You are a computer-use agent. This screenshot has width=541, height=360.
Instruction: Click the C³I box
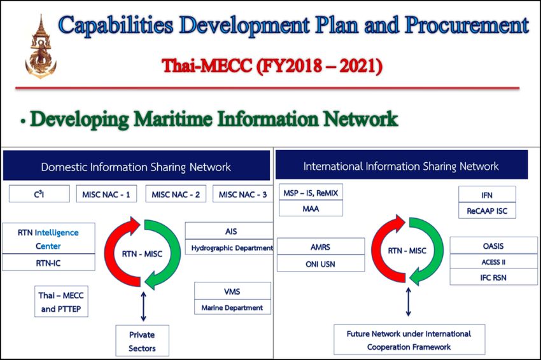[x=39, y=194]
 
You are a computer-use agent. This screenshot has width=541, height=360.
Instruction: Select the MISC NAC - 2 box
[x=176, y=194]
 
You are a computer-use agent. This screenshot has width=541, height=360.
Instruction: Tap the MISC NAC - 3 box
[x=242, y=194]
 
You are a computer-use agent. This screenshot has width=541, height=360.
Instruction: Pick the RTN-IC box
[x=48, y=263]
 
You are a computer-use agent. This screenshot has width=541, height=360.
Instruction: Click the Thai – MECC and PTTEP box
[x=61, y=301]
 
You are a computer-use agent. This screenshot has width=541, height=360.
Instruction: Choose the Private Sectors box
[x=142, y=341]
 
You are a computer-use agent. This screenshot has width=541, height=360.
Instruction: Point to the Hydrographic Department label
[x=232, y=247]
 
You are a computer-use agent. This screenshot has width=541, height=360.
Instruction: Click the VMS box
[x=232, y=291]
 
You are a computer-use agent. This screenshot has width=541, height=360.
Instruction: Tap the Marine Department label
[x=232, y=307]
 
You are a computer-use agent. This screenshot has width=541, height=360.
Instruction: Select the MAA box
[x=311, y=208]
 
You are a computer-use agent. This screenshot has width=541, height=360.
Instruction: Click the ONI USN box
[x=320, y=263]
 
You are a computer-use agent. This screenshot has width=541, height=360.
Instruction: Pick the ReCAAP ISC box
[x=487, y=211]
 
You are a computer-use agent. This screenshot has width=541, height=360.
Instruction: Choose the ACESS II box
[x=493, y=261]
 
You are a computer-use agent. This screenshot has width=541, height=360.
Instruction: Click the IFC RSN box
[x=493, y=277]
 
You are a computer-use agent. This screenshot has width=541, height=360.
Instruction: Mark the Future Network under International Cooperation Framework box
[x=409, y=340]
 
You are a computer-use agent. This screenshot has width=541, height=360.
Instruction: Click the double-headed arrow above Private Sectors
[x=144, y=306]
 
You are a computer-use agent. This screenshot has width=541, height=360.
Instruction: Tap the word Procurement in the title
[x=467, y=25]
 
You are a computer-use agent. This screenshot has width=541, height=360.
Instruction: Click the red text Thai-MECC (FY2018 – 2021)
[x=272, y=66]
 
